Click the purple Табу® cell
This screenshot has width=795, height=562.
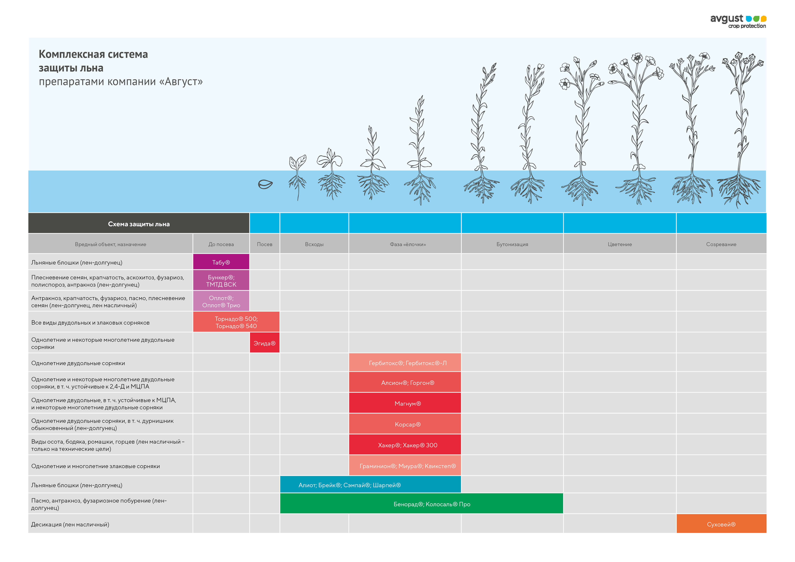point(221,262)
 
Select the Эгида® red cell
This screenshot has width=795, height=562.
point(265,343)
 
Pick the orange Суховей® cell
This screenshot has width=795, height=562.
point(721,524)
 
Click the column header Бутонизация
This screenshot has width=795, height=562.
point(512,244)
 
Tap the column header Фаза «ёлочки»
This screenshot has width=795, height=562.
point(408,244)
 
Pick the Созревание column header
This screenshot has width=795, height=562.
point(721,244)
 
